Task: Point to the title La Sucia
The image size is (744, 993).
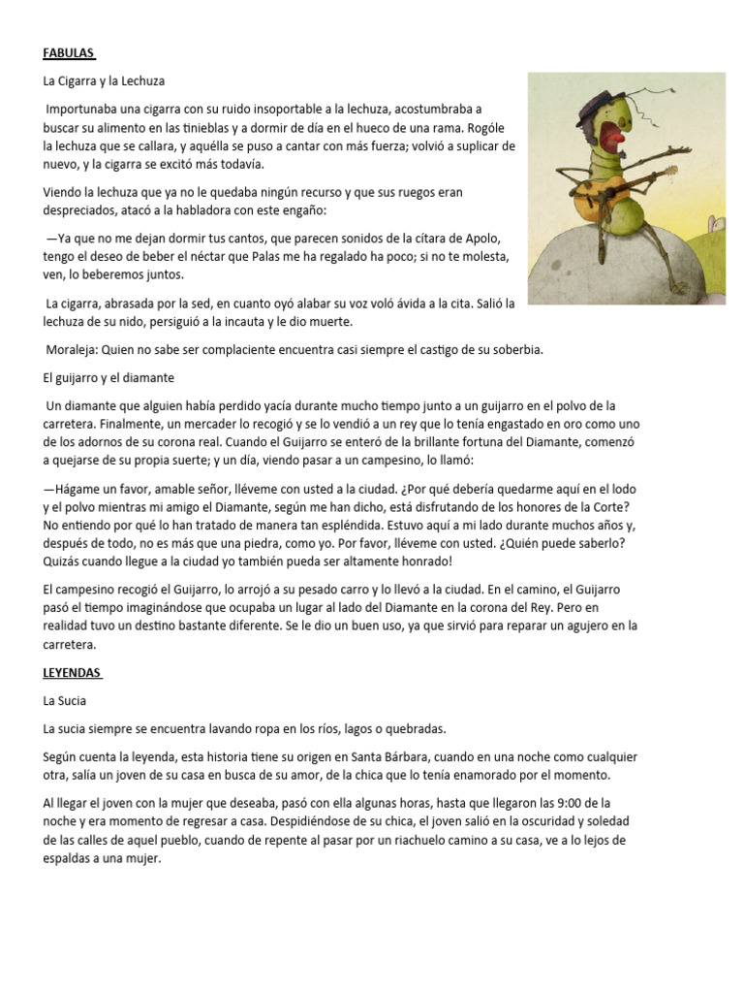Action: tap(65, 698)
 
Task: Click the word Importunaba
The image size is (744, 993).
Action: tap(87, 110)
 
